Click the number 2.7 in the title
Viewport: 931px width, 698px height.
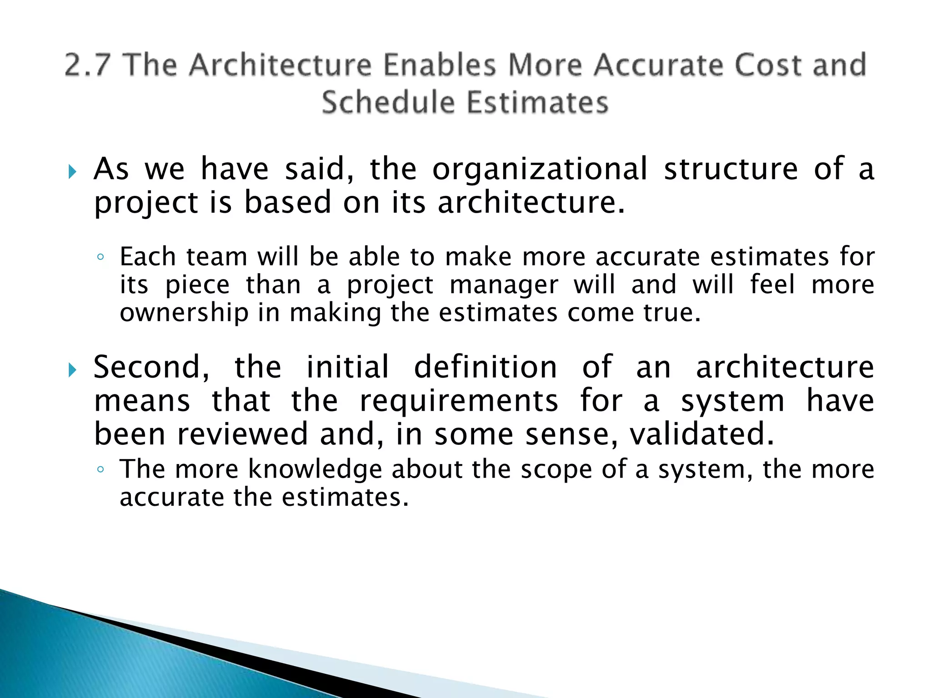coord(88,65)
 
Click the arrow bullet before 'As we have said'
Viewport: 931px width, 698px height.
coord(72,172)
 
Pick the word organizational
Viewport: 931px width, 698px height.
coord(540,169)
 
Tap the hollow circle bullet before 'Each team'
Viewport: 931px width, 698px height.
coord(100,257)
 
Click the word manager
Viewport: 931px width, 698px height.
coord(504,285)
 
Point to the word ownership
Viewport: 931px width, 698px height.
coord(184,313)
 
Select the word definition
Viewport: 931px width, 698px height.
coord(485,367)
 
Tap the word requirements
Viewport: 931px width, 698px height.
coord(459,401)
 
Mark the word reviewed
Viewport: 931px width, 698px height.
coord(243,434)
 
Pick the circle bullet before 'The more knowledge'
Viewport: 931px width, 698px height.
coord(100,469)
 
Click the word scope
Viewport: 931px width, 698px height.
coord(556,469)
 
